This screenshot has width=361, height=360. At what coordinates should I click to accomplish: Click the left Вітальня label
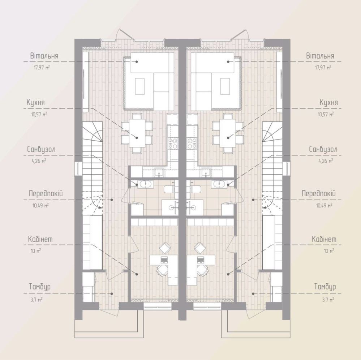click(x=44, y=56)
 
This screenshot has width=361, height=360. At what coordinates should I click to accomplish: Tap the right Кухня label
click(x=329, y=103)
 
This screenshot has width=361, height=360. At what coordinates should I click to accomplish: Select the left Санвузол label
click(x=41, y=150)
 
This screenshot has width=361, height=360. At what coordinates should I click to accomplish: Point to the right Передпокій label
click(x=319, y=193)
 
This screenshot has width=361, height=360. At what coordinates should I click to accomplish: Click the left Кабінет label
click(x=40, y=239)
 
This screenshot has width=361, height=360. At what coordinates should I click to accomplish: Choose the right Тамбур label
click(x=325, y=287)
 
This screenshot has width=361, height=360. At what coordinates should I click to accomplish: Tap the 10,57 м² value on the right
click(x=326, y=114)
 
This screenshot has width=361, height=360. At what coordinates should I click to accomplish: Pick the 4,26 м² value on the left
click(x=39, y=161)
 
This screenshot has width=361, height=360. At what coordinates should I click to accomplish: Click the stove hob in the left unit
click(x=173, y=143)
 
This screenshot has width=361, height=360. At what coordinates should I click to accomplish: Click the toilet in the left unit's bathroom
click(x=169, y=189)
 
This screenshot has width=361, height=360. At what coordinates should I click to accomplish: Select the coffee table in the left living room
click(x=140, y=86)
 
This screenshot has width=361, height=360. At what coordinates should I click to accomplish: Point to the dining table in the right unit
click(x=227, y=133)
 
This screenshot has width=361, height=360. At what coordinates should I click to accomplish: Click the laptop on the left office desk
click(x=164, y=260)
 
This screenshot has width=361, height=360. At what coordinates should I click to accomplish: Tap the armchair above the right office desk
click(x=199, y=248)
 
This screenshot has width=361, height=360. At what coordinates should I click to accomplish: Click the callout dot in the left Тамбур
click(x=112, y=293)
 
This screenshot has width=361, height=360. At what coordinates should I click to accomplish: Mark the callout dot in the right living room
click(x=228, y=62)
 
